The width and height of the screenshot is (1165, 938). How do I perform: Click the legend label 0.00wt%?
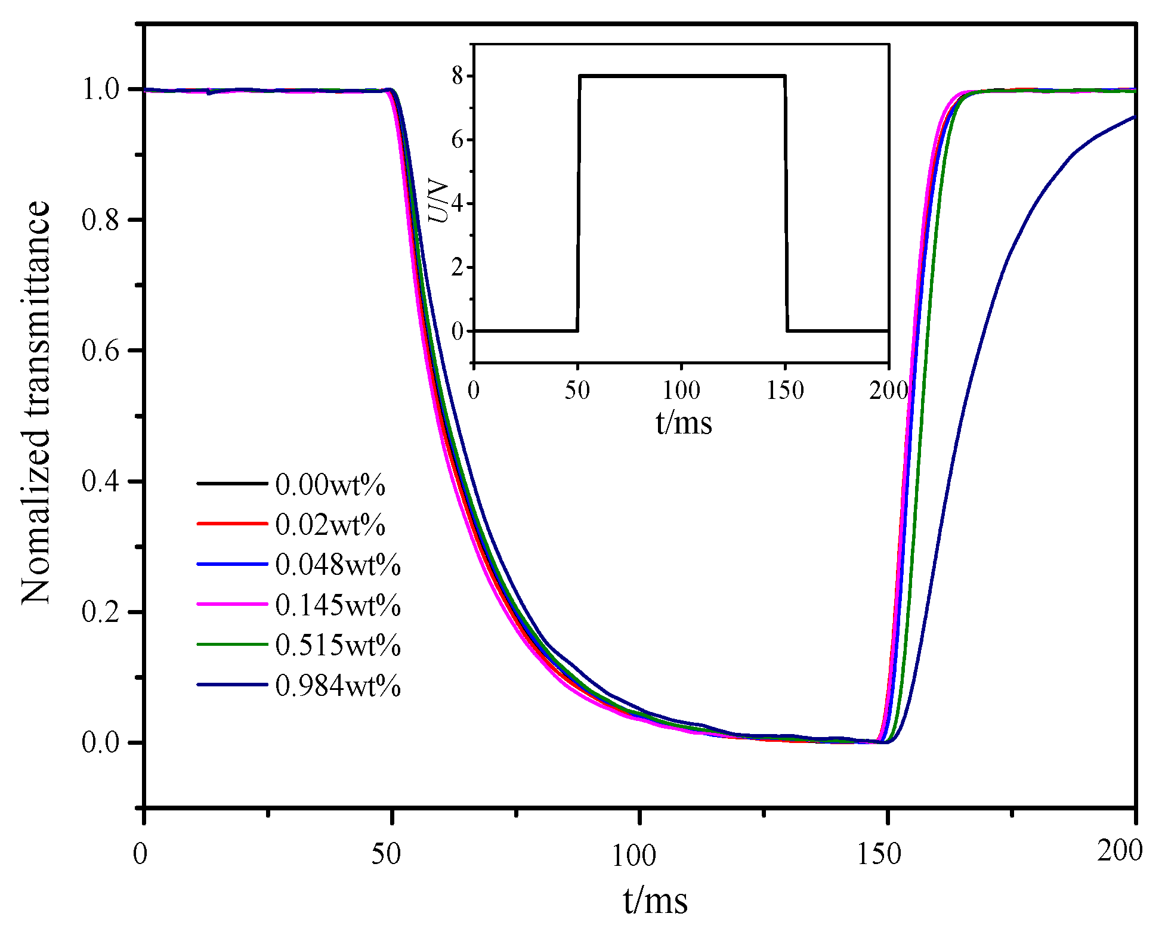(x=330, y=485)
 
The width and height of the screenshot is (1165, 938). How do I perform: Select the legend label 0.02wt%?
(x=330, y=525)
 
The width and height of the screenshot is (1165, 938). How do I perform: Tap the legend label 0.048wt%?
(x=338, y=565)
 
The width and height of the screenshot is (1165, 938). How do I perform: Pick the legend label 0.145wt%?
(x=338, y=605)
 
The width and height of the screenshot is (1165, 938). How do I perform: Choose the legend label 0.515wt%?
(x=338, y=645)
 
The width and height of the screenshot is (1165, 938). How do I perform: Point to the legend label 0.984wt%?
(x=338, y=686)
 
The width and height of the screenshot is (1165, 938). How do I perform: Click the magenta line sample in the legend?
(x=232, y=604)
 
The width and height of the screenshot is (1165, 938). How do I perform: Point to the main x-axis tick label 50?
(x=386, y=855)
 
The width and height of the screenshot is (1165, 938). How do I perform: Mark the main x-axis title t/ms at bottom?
(x=655, y=900)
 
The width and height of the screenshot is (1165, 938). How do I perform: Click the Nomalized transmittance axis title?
(x=36, y=403)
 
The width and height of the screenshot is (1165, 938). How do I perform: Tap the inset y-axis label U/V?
(x=440, y=202)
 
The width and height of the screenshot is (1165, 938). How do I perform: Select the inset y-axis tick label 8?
(x=458, y=76)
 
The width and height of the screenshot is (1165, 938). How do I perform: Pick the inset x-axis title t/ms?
(x=684, y=423)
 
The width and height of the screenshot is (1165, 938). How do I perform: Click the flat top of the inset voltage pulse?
(x=682, y=76)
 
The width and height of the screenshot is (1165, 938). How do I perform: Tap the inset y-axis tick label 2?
(x=458, y=267)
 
